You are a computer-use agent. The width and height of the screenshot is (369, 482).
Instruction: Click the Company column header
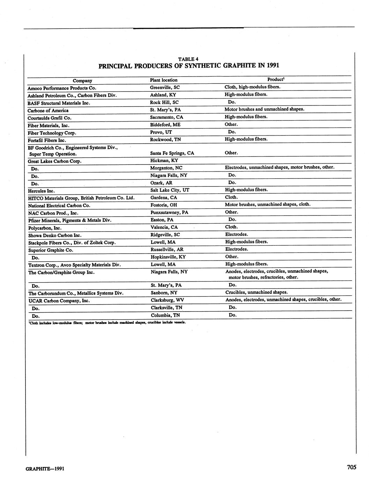(x=82, y=80)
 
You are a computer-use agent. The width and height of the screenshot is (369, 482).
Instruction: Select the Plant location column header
(x=163, y=80)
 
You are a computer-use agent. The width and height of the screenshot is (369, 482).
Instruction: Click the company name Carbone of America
(x=48, y=110)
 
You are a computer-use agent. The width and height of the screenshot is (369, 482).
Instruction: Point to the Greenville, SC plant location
(x=165, y=87)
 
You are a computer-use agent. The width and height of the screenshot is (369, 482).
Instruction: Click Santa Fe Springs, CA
(x=172, y=153)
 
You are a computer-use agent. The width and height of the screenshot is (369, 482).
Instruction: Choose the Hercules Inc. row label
(x=41, y=191)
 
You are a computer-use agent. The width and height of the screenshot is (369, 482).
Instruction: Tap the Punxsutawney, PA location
(x=169, y=212)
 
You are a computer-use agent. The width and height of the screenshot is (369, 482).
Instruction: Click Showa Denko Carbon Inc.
(x=55, y=235)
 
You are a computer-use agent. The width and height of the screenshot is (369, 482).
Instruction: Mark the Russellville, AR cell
(x=167, y=249)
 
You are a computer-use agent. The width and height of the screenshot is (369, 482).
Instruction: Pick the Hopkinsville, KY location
(x=168, y=257)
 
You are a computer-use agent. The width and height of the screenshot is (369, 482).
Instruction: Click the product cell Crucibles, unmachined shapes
(x=257, y=292)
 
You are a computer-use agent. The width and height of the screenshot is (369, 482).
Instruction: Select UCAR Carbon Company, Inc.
(x=59, y=300)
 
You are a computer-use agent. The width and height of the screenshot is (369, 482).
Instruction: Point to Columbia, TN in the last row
(x=165, y=315)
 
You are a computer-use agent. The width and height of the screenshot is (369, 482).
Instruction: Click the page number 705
(x=351, y=467)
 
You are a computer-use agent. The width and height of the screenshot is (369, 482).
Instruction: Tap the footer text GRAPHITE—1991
(x=45, y=468)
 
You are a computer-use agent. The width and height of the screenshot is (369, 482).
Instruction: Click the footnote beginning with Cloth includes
(x=107, y=322)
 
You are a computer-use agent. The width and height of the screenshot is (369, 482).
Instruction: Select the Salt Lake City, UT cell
(x=170, y=190)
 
